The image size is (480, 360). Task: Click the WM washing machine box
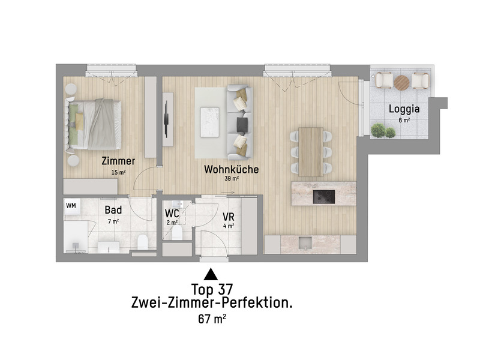pos(71,206)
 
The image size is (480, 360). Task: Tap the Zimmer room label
pos(118,161)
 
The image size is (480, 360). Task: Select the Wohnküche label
pos(231,169)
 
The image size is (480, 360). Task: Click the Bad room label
pos(113,211)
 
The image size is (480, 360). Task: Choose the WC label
pos(172,213)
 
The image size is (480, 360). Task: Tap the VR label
pos(228,217)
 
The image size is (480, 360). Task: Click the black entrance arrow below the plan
pos(211,275)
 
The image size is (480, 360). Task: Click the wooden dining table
pos(311,151)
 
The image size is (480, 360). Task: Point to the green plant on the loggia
pos(379,130)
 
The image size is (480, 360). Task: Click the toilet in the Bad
pos(143,243)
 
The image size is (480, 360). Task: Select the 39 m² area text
pos(232,179)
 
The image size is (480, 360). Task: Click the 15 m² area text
pos(118,172)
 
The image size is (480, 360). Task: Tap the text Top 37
pos(211,289)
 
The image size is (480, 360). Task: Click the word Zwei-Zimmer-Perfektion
pos(211,303)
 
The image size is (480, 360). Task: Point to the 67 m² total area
pos(211,319)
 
